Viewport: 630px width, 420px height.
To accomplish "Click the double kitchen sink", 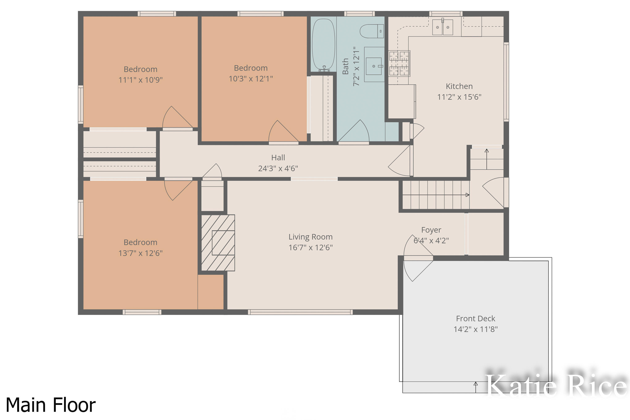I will (x=442, y=27).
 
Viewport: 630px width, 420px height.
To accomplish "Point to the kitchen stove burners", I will (x=399, y=63).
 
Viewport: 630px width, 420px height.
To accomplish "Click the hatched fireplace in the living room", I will (x=218, y=243).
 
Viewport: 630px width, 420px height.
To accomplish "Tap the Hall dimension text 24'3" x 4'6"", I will (x=278, y=168).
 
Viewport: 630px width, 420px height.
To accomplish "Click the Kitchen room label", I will (x=459, y=86).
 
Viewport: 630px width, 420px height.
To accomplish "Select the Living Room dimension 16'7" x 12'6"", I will (x=310, y=248).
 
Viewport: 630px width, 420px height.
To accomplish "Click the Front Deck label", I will (x=475, y=319).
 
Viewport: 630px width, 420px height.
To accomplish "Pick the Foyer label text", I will (x=431, y=230).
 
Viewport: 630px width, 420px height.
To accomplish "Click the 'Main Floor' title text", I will (x=51, y=405).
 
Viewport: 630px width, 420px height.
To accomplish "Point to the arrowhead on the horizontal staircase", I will (x=467, y=195).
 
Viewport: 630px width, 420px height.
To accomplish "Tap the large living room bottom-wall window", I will (x=300, y=312).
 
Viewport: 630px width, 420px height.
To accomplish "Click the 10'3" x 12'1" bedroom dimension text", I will (x=251, y=79).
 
